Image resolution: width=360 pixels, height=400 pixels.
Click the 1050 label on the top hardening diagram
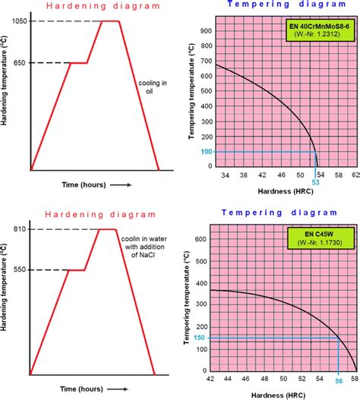(x=20, y=21)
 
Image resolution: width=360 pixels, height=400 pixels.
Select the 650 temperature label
(x=20, y=63)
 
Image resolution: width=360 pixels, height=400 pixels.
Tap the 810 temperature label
(x=21, y=229)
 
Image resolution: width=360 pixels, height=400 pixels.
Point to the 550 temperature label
(x=21, y=269)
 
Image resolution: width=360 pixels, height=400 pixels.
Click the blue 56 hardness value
(x=339, y=384)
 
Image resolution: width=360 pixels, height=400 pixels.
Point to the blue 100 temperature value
(x=196, y=152)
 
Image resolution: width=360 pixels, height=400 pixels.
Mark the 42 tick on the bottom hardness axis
(x=209, y=376)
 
